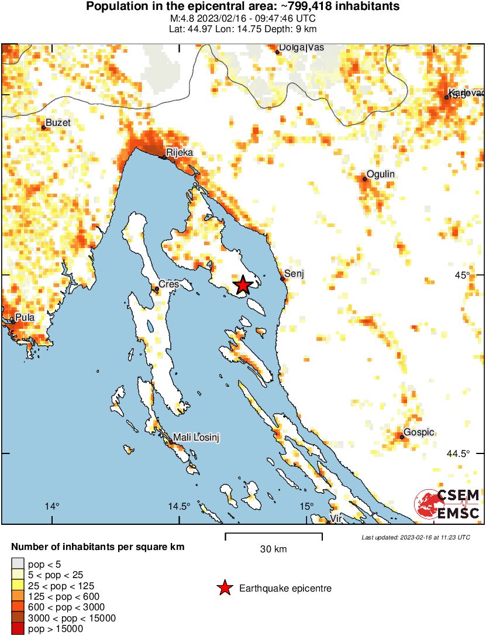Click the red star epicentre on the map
(x=243, y=285)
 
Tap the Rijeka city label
(x=179, y=153)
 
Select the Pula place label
(x=25, y=317)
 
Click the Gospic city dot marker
(x=402, y=436)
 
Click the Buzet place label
(x=57, y=122)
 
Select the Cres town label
(x=169, y=284)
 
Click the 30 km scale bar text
(x=273, y=549)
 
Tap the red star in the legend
(x=224, y=588)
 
